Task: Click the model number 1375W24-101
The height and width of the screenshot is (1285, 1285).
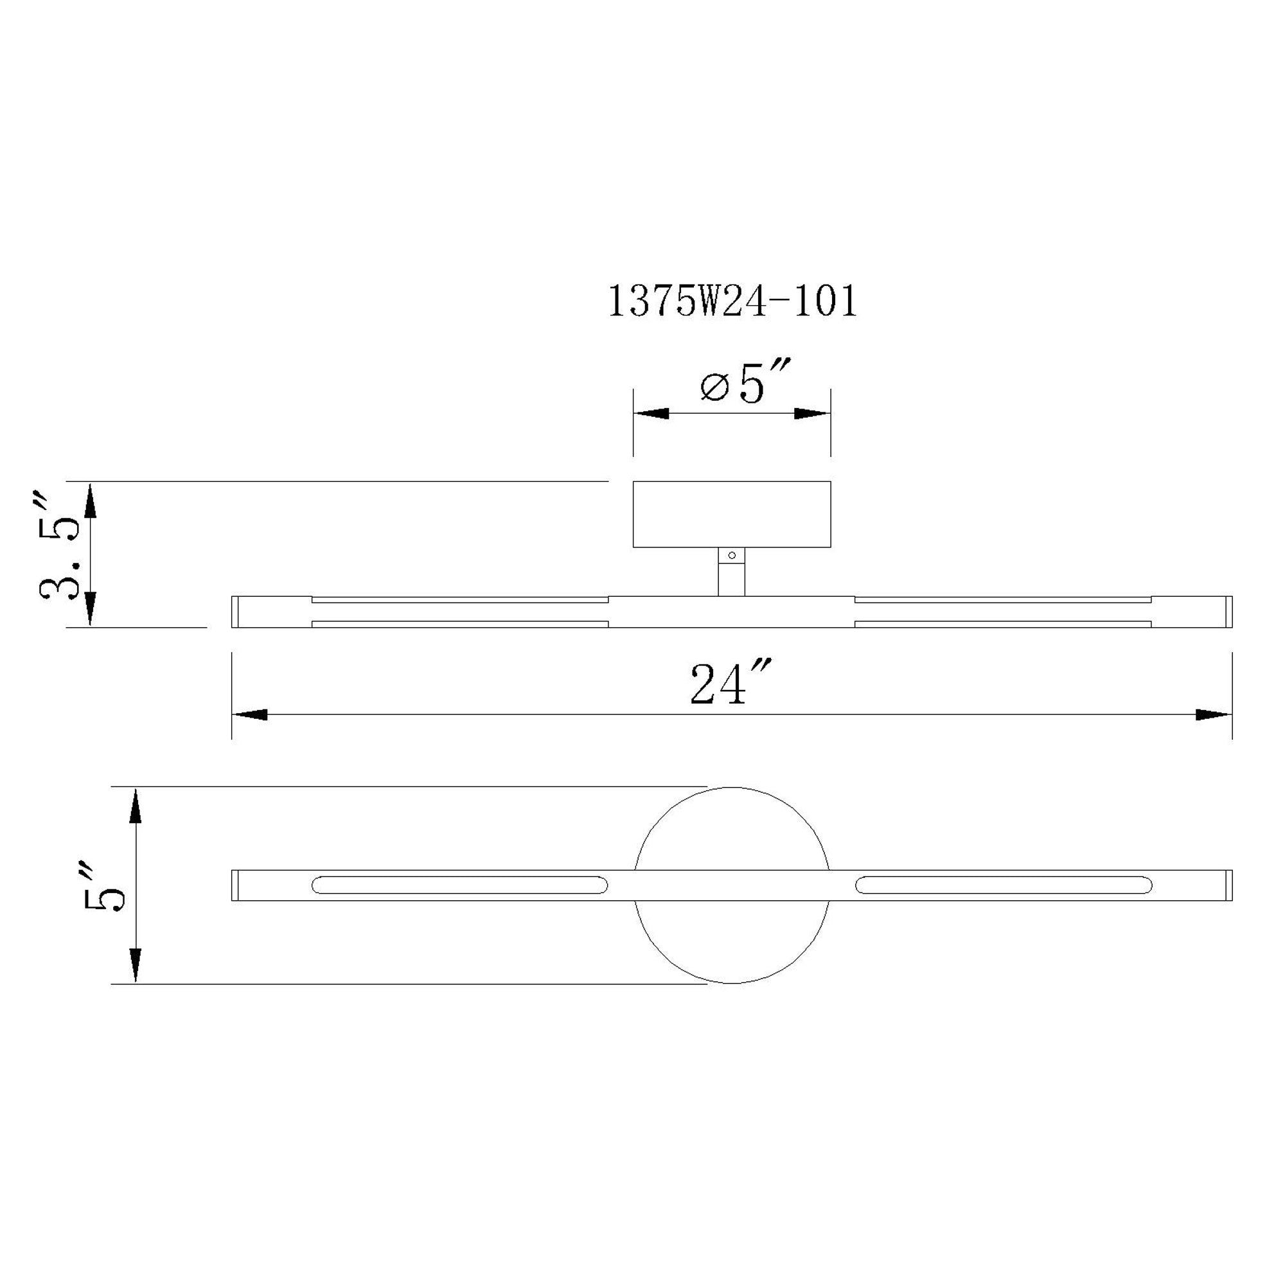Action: tap(732, 303)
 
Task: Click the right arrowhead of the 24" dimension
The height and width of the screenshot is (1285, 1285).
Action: tap(1213, 715)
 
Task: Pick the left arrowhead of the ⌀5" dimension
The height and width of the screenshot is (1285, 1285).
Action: tap(651, 414)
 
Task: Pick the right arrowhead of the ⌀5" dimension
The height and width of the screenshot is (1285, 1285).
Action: tap(812, 414)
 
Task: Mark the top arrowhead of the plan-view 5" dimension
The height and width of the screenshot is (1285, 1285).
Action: tap(136, 807)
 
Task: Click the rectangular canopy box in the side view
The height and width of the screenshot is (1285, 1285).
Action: tap(732, 514)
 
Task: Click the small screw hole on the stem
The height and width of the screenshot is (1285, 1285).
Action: tap(732, 555)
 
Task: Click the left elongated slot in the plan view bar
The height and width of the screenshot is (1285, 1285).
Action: tap(459, 885)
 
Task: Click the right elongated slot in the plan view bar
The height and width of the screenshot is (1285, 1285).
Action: tap(1004, 885)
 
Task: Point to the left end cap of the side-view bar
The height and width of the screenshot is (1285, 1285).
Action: tap(235, 611)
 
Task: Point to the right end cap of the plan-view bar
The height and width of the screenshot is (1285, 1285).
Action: tap(1228, 885)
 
